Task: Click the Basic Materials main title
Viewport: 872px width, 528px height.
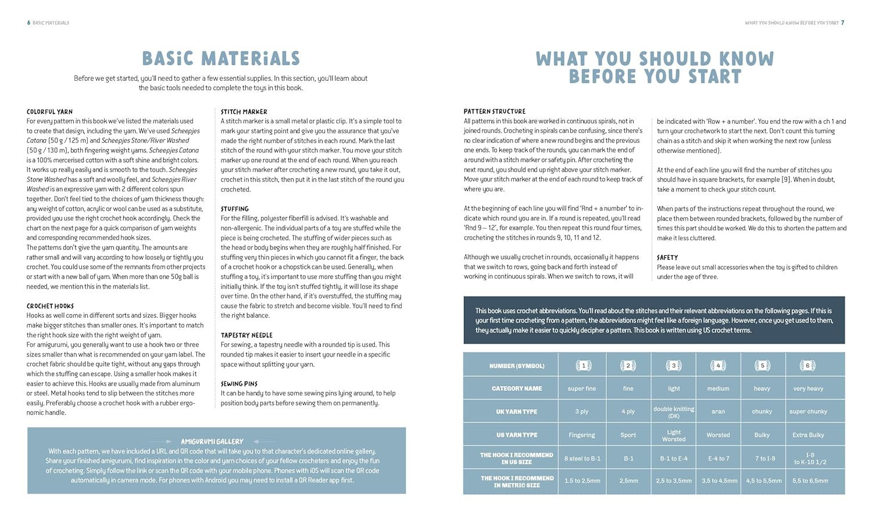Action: click(x=221, y=59)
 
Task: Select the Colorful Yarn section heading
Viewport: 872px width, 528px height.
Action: click(x=49, y=112)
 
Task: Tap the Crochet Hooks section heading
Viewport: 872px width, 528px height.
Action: click(x=50, y=306)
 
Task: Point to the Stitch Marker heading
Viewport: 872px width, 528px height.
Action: click(x=244, y=112)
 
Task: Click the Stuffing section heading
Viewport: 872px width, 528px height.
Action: click(x=234, y=209)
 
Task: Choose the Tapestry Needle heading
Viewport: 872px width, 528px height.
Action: click(x=246, y=336)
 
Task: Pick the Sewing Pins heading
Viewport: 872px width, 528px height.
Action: click(x=239, y=384)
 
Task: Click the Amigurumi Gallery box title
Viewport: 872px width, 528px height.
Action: click(x=212, y=441)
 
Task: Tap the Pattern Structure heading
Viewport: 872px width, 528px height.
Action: click(x=494, y=112)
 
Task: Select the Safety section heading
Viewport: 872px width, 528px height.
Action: click(x=667, y=258)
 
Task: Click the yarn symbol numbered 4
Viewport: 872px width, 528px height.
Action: click(x=718, y=366)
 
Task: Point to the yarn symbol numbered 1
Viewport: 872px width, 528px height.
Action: click(x=583, y=366)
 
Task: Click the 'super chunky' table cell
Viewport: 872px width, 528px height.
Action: click(x=808, y=412)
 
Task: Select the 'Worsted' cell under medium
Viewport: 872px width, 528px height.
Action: click(x=718, y=435)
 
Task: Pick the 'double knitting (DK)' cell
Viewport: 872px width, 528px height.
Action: click(x=674, y=412)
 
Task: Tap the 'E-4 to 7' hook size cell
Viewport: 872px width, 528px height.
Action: click(x=718, y=458)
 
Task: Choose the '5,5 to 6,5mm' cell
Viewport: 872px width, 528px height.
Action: click(x=809, y=481)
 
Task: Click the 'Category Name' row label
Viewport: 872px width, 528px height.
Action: click(x=516, y=388)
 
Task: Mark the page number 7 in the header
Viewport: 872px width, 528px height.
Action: click(x=842, y=23)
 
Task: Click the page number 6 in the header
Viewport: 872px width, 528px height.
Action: click(x=28, y=23)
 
